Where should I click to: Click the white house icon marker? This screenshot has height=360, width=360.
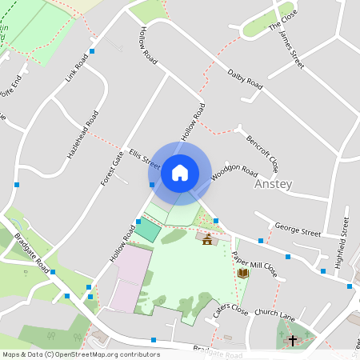click(x=180, y=172)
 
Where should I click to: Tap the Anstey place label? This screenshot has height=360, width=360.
click(x=273, y=184)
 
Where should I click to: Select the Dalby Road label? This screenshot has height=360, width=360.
click(x=245, y=78)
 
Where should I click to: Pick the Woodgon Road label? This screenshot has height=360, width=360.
click(x=234, y=172)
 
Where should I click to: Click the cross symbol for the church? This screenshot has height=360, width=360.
click(x=292, y=340)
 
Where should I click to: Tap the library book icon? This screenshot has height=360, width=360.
click(x=243, y=273)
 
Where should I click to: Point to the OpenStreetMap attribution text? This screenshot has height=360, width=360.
click(x=80, y=354)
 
